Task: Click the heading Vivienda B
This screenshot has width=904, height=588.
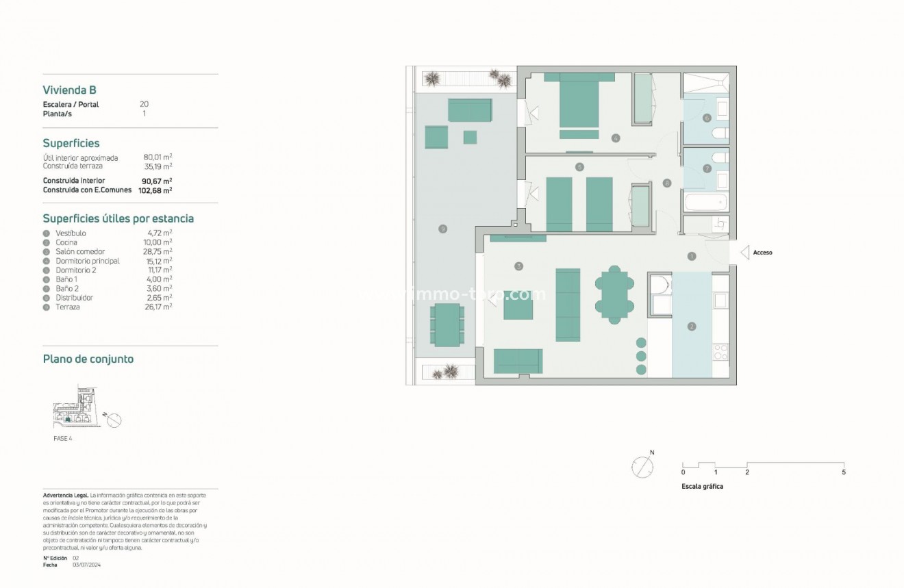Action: click(69, 90)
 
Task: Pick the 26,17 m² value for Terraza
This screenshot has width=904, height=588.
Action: click(161, 307)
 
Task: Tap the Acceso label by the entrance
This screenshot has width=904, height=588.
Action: click(762, 253)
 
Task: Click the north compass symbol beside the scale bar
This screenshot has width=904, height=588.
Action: click(642, 468)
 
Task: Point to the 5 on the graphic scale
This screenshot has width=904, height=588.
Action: click(844, 472)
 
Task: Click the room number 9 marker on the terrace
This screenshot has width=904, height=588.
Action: click(443, 229)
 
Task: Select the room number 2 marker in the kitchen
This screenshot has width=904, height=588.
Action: click(692, 327)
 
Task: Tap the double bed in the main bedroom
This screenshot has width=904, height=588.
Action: click(579, 105)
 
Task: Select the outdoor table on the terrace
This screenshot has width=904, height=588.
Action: click(446, 324)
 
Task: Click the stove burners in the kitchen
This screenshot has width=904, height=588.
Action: click(720, 352)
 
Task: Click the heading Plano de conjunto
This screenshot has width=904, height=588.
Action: click(88, 359)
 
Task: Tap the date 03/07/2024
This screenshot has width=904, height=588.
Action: click(86, 565)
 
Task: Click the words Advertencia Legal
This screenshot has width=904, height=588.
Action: click(64, 495)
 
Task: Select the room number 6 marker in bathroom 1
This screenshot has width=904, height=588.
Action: click(707, 118)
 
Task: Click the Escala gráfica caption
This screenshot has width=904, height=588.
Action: click(702, 487)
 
